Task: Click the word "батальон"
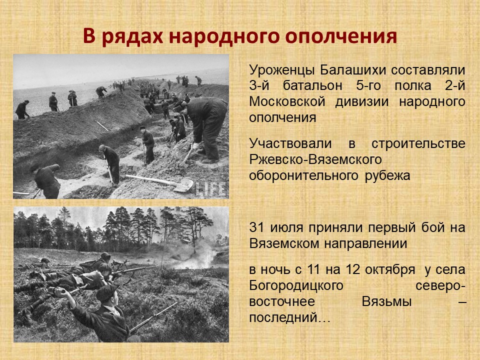click(x=312, y=85)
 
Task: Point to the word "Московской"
click(x=287, y=101)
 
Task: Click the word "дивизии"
click(x=362, y=101)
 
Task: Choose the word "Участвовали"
click(x=290, y=144)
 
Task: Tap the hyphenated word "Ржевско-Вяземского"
click(x=315, y=160)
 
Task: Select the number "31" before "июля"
click(x=256, y=227)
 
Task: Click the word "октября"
click(x=390, y=270)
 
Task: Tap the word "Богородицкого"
click(x=296, y=286)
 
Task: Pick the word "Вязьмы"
click(x=386, y=301)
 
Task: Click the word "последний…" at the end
click(x=289, y=317)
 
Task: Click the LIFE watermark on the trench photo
click(x=211, y=188)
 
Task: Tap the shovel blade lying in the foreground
click(x=183, y=185)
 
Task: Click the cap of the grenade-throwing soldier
click(x=106, y=292)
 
